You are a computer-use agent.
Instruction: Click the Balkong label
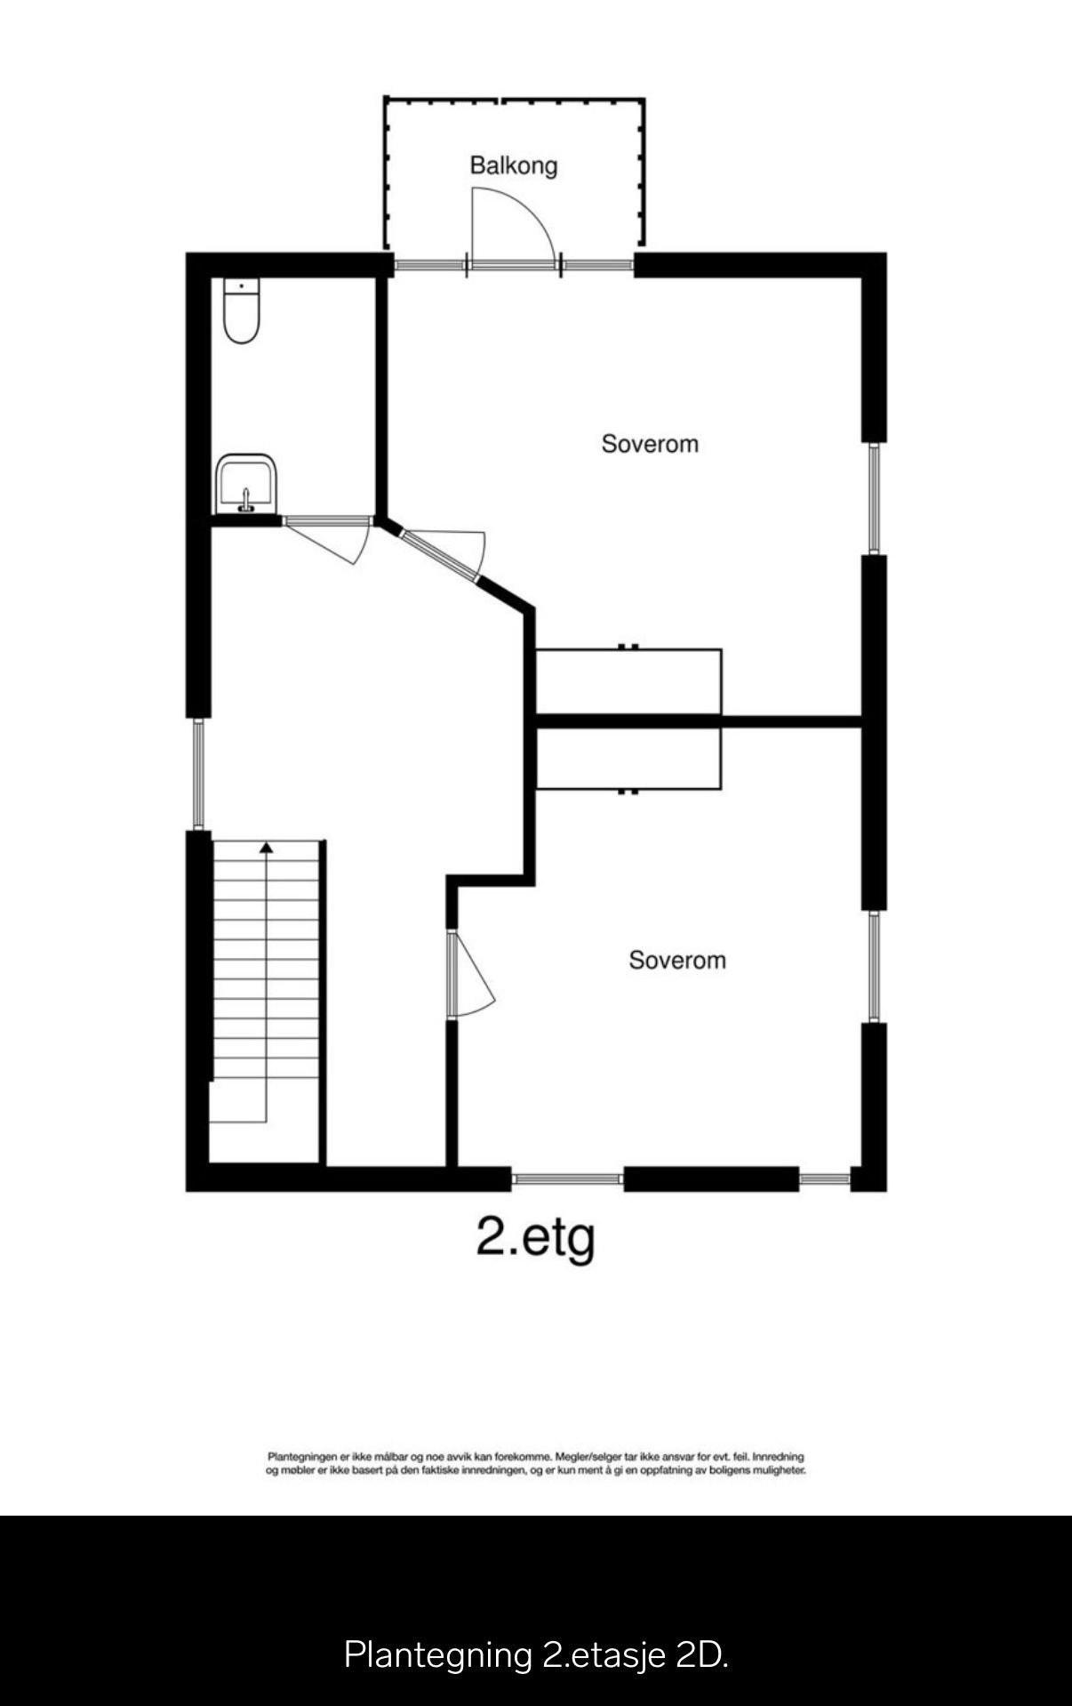514,165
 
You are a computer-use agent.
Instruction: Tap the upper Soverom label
650,443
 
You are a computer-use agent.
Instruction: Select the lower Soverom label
677,960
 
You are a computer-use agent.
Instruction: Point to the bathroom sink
246,484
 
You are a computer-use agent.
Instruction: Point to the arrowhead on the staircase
266,848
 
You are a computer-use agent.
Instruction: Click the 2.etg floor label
535,1236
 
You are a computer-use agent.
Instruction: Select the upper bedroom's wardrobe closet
628,681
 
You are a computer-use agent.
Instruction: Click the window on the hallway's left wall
198,774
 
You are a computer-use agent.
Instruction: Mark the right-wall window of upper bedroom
874,498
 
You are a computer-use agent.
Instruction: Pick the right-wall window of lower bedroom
874,966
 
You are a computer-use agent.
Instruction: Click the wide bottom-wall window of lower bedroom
567,1179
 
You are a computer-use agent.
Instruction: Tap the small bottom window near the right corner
825,1179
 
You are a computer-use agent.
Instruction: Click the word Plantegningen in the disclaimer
302,1457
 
